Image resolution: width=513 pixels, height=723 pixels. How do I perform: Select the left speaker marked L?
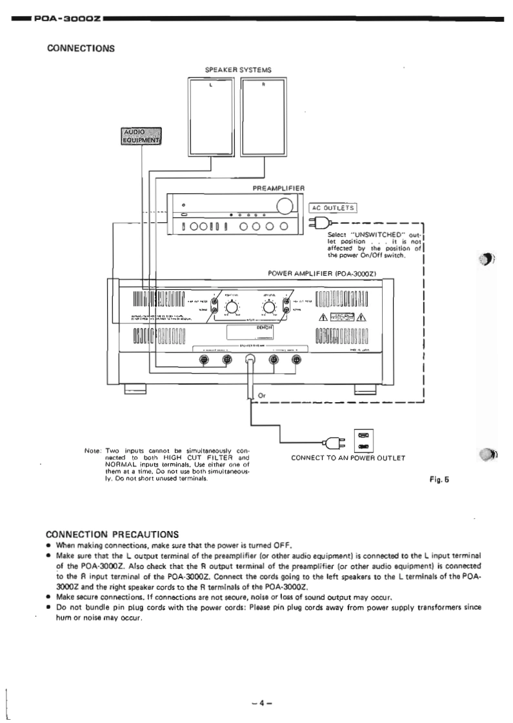[211, 117]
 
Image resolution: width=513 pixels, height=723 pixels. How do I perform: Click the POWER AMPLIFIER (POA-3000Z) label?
[321, 273]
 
